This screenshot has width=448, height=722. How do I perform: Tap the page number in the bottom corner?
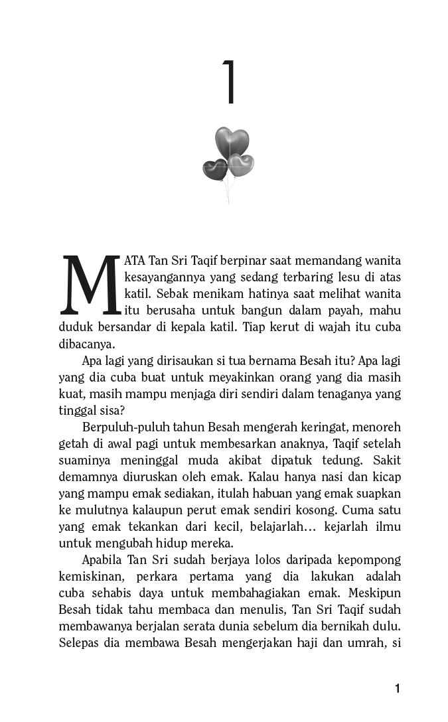pyautogui.click(x=397, y=688)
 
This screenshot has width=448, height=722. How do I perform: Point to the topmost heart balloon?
pyautogui.click(x=232, y=141)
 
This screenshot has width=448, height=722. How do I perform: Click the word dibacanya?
pyautogui.click(x=87, y=344)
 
